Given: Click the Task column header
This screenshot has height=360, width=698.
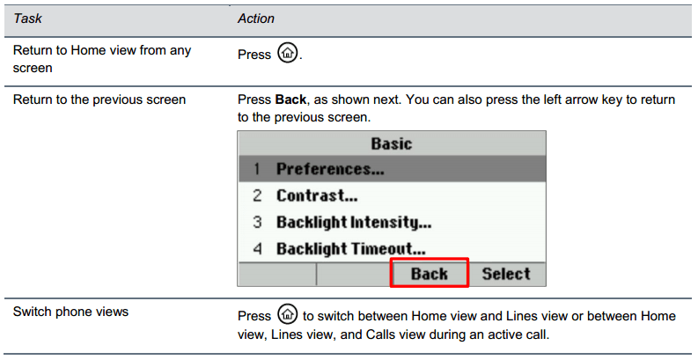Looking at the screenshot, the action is click(x=27, y=18).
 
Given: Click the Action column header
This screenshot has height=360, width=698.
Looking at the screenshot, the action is click(x=256, y=18).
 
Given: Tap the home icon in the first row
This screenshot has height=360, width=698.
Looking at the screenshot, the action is click(x=287, y=53).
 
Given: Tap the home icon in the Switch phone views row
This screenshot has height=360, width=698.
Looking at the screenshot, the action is click(x=287, y=314).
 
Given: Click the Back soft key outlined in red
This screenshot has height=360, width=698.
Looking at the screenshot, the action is click(x=430, y=273).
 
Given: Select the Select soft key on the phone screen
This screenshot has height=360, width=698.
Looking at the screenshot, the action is click(x=506, y=274).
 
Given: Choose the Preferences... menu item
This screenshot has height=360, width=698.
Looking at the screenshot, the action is click(x=330, y=169).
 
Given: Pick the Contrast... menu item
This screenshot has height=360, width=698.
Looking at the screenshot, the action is click(x=317, y=195).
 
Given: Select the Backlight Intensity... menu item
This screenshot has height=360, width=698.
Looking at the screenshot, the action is click(x=354, y=222).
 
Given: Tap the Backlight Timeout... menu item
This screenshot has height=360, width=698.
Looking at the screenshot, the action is click(x=351, y=249).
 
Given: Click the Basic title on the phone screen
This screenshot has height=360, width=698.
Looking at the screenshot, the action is click(x=392, y=143).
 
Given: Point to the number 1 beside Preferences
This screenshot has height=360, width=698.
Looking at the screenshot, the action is click(x=257, y=169).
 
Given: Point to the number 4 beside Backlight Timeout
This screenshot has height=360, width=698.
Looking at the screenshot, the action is click(x=257, y=249).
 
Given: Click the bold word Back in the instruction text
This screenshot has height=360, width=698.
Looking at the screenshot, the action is click(x=290, y=99).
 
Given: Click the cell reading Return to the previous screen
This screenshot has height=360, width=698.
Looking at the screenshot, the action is click(x=99, y=99).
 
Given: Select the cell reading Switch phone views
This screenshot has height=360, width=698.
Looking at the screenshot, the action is click(x=70, y=312).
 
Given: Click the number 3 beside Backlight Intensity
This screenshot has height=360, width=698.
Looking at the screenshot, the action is click(x=257, y=222).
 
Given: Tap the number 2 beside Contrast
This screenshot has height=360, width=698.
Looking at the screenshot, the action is click(x=257, y=195).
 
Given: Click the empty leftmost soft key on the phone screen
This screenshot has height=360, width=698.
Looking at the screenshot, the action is click(x=277, y=274).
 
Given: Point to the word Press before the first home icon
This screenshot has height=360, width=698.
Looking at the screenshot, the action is click(x=254, y=55).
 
